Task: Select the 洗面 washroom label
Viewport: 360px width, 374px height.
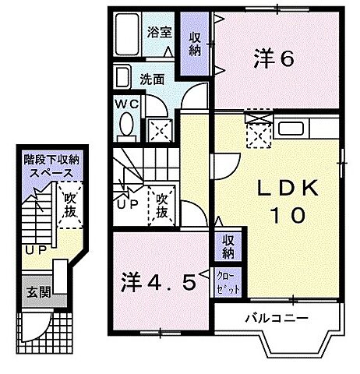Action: [x=151, y=79]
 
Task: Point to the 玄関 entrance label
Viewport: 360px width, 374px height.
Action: [x=37, y=292]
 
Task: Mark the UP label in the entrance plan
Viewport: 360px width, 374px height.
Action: [x=34, y=250]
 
